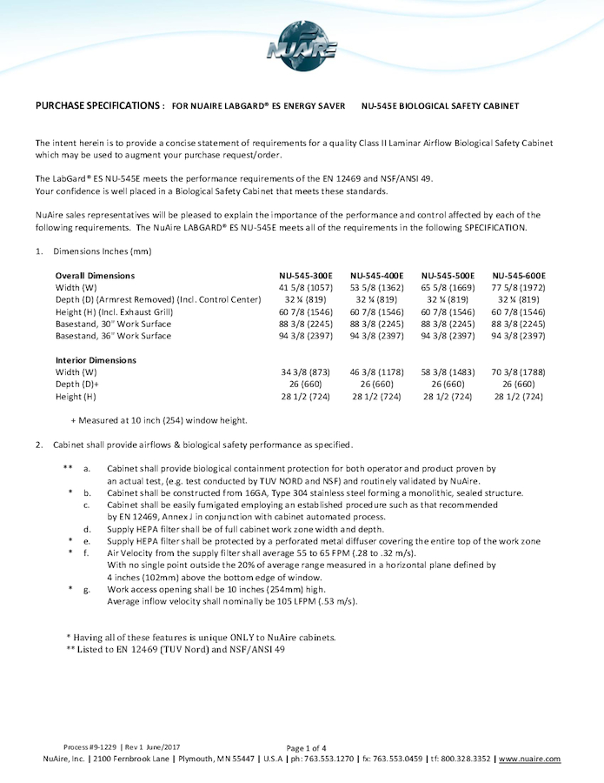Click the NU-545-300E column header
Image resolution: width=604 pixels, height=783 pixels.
coord(305,275)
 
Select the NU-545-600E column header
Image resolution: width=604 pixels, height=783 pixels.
coord(519,275)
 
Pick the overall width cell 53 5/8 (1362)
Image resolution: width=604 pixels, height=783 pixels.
coord(376,287)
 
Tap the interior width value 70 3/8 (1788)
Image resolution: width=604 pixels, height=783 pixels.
coord(519,372)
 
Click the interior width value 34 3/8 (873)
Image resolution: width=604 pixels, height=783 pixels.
coord(305,372)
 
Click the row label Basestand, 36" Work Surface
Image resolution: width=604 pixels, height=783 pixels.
coord(113,336)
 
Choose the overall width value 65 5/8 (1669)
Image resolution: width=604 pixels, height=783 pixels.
coord(448,287)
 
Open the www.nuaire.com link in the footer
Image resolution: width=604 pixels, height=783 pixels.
coord(529,759)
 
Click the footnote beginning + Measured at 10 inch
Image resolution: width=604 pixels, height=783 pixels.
coord(159,420)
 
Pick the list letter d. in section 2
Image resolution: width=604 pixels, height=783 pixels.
coord(87,529)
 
